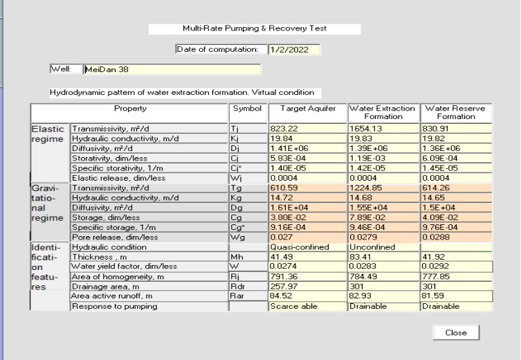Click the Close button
(456, 332)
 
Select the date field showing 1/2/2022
(294, 50)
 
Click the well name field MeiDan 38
(172, 69)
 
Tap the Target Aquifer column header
(308, 113)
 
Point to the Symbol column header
(248, 113)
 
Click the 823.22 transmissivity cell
(307, 129)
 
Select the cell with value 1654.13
(383, 129)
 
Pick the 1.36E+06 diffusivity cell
(456, 148)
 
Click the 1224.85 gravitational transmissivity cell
(383, 188)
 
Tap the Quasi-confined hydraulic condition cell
(307, 247)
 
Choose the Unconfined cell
(383, 247)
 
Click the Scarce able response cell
(307, 306)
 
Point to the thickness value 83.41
(383, 257)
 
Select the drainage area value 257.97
(307, 286)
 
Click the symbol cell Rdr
(248, 286)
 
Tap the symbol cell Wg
(248, 237)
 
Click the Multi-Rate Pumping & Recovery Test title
(255, 28)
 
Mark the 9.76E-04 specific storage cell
(456, 227)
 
